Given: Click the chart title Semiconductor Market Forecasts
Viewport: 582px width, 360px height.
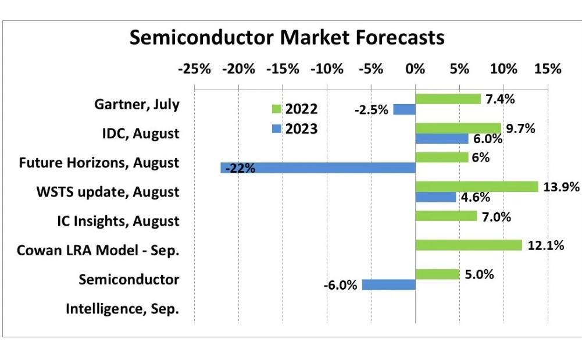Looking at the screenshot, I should point(287,37).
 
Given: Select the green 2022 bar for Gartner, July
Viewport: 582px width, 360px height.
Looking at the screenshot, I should point(448,99).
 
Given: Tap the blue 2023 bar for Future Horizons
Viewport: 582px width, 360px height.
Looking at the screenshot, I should point(318,168).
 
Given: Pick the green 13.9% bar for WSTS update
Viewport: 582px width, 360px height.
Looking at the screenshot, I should point(476,187).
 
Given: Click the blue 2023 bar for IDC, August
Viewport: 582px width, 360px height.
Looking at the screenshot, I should point(441,139).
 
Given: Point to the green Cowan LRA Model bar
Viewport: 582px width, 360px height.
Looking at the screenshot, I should point(468,245).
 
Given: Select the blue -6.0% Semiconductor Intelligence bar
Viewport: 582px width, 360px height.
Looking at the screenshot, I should point(388,285).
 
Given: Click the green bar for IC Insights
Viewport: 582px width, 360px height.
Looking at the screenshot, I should point(446,216).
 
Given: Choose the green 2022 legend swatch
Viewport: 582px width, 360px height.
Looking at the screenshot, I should point(276,109).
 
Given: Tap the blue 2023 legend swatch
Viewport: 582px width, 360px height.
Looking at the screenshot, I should point(276,129).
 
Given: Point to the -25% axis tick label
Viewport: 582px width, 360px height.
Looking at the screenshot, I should point(194,69).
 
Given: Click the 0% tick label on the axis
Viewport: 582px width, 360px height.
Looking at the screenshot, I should point(415,69).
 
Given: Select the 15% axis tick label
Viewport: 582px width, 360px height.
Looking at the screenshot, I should point(547,69).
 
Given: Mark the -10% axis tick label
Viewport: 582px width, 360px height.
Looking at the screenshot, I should point(327,69).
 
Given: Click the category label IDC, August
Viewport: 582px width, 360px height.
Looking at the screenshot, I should point(140,134).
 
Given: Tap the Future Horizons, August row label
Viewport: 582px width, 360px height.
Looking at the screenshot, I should point(99,163).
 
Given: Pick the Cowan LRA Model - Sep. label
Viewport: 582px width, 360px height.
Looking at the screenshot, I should point(98,251).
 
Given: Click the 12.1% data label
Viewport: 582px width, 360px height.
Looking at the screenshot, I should point(546,245).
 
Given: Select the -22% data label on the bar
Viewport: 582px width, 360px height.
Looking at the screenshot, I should point(240,169).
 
